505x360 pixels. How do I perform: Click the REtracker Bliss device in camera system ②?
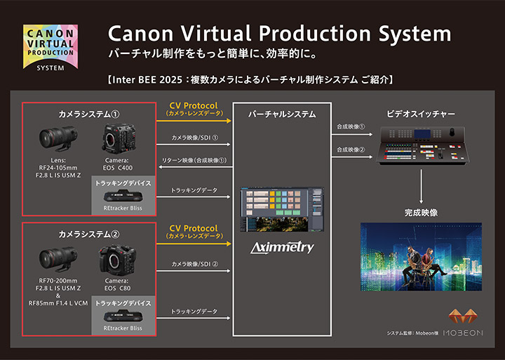tap(123, 316)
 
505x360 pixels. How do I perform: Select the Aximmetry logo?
tap(281, 248)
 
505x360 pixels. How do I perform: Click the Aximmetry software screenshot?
tap(281, 209)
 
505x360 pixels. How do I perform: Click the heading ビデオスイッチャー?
tap(421, 114)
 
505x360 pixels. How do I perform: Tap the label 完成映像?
tap(422, 211)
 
